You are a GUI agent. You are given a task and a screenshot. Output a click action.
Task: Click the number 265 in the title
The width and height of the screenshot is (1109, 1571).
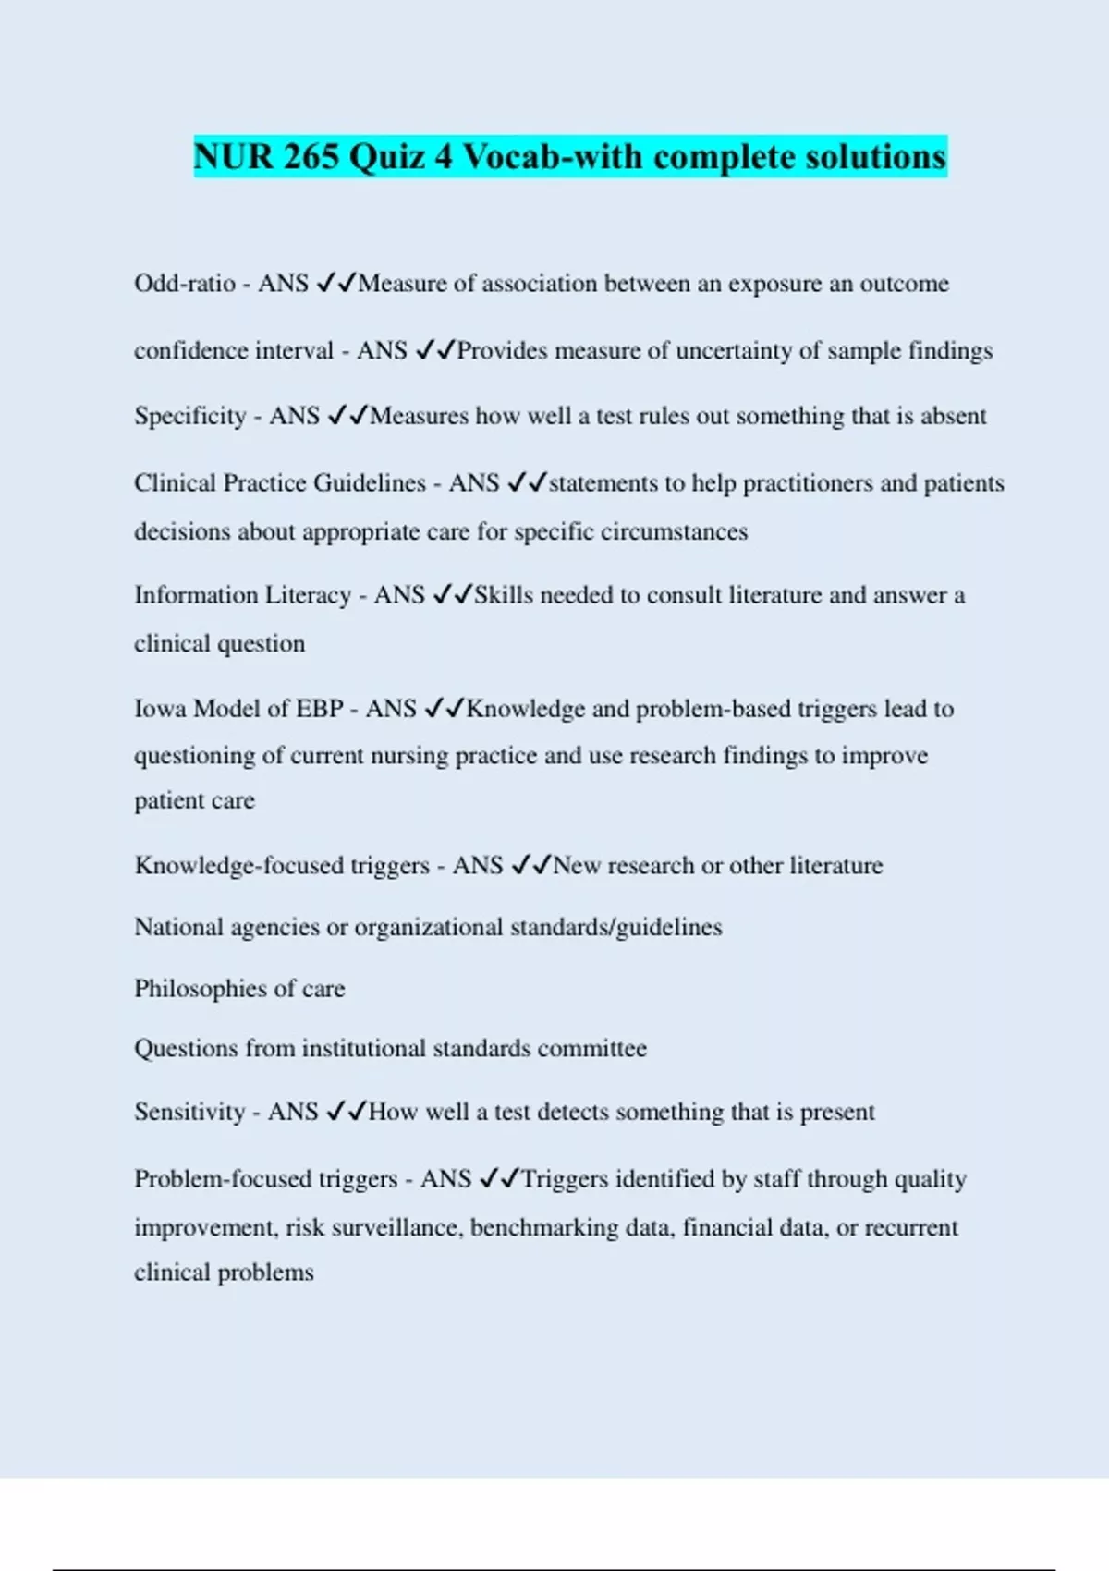(x=311, y=157)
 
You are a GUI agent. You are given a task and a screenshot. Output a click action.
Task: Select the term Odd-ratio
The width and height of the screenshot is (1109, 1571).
(x=185, y=283)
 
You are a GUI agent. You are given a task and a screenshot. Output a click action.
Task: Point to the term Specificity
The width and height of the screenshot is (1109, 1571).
(x=190, y=417)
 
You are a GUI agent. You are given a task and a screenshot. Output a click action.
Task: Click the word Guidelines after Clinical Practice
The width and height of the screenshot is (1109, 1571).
(x=370, y=483)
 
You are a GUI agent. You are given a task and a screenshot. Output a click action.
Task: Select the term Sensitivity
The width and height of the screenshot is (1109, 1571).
(x=189, y=1112)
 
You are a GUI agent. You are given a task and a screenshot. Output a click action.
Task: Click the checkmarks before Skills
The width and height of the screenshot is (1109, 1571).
(x=452, y=595)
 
